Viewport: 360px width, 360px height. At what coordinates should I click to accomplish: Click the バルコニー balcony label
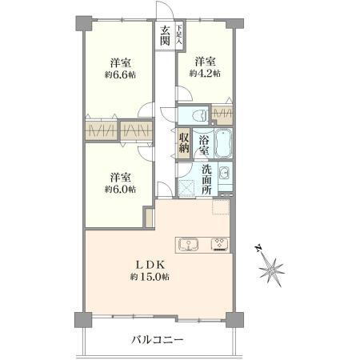coord(158,340)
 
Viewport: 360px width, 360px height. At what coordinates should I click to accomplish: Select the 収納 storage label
coord(184,144)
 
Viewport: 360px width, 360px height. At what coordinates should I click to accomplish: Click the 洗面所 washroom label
coord(206,179)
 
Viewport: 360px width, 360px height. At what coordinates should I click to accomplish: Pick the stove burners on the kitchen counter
coord(218,244)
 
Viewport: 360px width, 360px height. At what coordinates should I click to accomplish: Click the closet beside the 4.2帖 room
coord(222,114)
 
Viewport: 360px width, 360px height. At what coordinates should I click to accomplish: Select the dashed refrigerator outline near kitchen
coord(221,209)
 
